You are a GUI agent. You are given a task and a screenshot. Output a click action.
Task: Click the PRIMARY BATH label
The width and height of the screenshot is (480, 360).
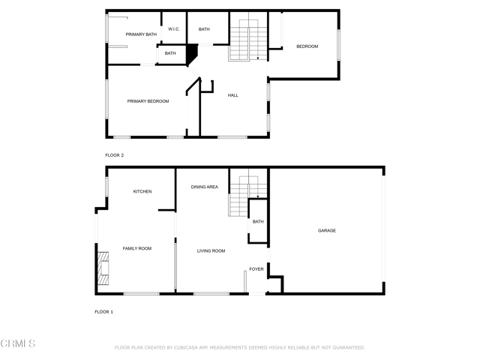[x=141, y=34]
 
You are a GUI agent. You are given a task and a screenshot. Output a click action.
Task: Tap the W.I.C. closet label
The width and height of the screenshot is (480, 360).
[x=173, y=29]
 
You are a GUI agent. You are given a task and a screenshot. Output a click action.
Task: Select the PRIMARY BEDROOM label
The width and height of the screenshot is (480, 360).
[x=148, y=101]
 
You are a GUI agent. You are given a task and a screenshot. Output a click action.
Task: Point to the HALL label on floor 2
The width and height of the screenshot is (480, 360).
[x=233, y=95]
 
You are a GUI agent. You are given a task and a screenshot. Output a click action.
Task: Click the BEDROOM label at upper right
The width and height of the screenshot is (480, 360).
[x=307, y=46]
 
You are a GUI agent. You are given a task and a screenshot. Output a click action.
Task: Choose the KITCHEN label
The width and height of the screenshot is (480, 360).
[x=142, y=191]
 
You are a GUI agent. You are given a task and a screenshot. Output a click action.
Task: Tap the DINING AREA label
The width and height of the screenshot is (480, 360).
[x=204, y=187]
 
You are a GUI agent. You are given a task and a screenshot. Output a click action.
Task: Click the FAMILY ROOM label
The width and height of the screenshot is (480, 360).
[x=137, y=248]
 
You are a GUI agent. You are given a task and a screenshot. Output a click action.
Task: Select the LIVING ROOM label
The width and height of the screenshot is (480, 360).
[x=211, y=251]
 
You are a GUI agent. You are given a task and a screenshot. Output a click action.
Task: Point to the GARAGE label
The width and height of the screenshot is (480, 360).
[x=327, y=230]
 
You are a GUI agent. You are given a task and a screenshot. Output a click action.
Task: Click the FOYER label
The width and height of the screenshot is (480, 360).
[x=256, y=268]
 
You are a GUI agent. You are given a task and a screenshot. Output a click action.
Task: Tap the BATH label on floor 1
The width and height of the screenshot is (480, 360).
[x=258, y=222]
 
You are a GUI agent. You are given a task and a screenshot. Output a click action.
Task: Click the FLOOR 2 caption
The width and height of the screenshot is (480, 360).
[x=114, y=155]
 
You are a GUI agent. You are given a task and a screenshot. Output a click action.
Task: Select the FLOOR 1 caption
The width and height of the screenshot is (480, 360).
[x=103, y=311]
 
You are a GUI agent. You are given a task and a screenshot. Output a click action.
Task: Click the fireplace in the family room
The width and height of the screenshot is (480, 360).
[x=103, y=269]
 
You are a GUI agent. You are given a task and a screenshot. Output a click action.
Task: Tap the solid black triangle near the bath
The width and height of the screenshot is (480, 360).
[x=192, y=54]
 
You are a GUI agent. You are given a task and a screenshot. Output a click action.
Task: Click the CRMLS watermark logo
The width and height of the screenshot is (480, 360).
[x=18, y=343]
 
